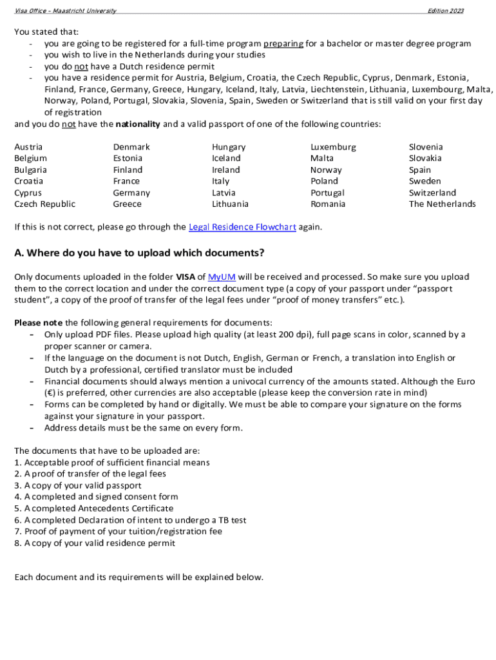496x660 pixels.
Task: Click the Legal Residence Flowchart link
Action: tap(242, 227)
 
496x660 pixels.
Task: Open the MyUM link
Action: tap(222, 277)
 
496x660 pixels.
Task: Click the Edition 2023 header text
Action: tap(445, 11)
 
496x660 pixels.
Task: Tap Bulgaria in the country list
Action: tap(30, 170)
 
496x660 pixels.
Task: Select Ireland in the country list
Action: tap(225, 170)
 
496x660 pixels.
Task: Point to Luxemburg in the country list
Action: tap(332, 147)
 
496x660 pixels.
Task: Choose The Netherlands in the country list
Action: tap(442, 204)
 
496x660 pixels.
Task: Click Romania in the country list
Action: tap(327, 204)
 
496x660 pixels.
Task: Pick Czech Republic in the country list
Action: tap(44, 204)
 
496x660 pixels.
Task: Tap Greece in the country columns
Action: tap(127, 204)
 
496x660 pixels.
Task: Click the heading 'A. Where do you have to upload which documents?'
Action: tap(139, 253)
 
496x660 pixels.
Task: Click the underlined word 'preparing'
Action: tap(283, 44)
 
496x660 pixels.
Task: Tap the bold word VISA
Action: tap(186, 277)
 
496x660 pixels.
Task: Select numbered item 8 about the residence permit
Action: tap(94, 543)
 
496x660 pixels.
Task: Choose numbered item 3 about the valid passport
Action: tap(77, 485)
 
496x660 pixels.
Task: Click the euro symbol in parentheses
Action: tap(48, 393)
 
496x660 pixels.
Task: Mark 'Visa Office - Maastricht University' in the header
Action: tap(65, 11)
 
